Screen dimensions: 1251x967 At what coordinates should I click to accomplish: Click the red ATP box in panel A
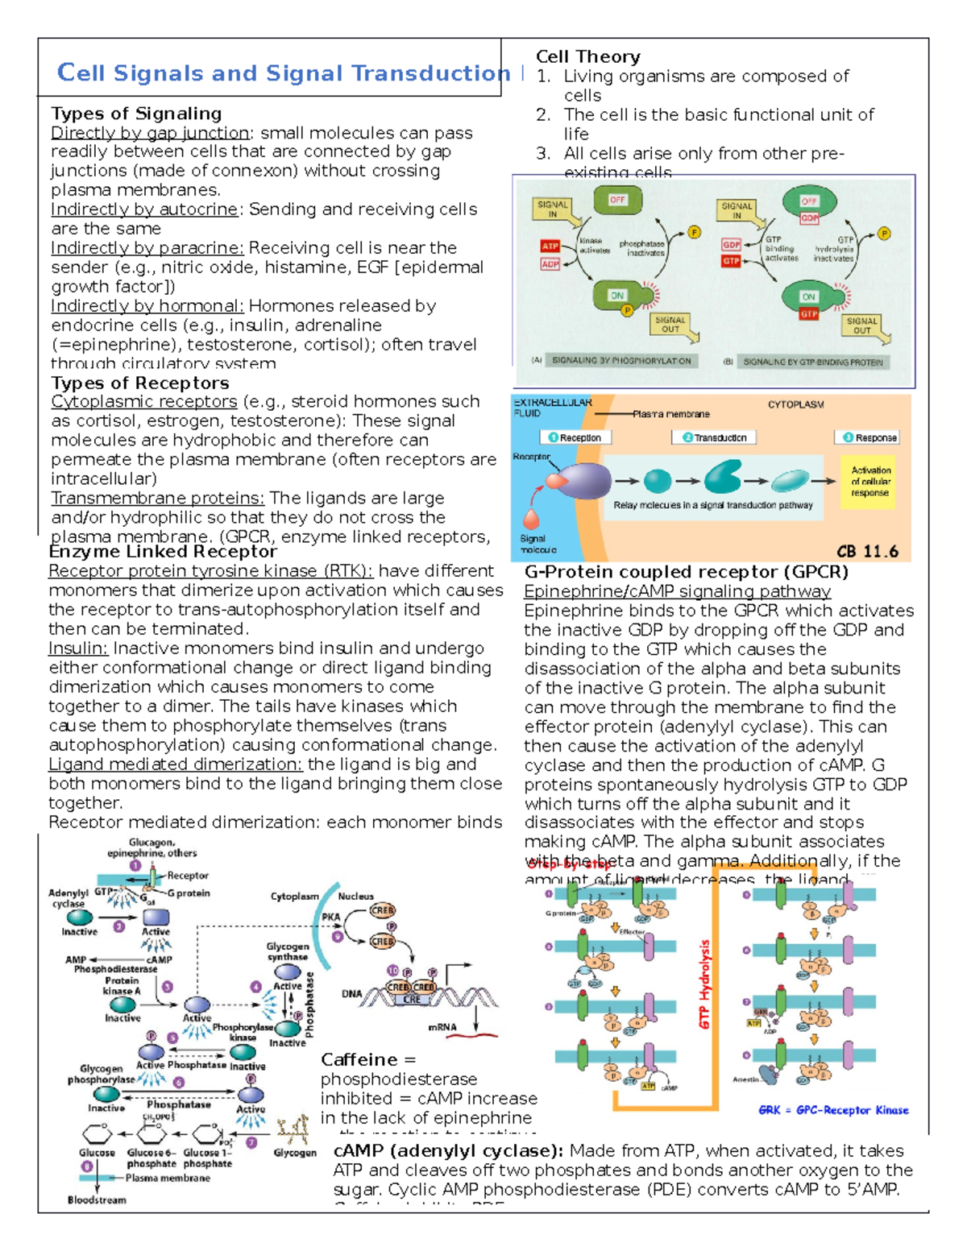coord(550,246)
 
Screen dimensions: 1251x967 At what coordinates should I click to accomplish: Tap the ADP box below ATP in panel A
coord(550,263)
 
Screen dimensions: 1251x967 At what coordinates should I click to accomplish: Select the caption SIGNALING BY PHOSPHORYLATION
coord(621,361)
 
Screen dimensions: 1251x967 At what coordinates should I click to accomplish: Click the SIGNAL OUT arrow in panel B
coord(864,326)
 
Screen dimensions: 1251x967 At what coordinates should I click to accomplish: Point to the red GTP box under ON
coord(809,314)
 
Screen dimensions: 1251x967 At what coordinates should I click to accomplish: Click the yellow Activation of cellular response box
coord(870,482)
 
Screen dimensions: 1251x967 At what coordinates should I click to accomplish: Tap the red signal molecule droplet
coord(531,518)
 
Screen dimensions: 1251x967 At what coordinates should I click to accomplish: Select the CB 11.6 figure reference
coord(867,552)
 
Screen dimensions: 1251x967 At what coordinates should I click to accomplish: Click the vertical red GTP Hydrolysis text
coord(705,984)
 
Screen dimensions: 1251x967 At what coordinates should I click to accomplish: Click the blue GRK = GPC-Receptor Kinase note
coord(833,1110)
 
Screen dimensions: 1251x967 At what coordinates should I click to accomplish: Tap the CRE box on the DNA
coord(412,1000)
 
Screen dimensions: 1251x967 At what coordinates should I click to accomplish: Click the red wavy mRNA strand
coord(471,1034)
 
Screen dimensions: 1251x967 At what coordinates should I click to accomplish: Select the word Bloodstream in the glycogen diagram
coord(97,1200)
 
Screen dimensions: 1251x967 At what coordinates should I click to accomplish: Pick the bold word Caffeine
coord(359,1060)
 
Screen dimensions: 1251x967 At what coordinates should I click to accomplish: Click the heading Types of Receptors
coord(140,383)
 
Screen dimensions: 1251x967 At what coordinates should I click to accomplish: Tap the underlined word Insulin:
coord(78,648)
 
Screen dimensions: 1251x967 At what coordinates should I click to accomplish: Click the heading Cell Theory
coord(588,57)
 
